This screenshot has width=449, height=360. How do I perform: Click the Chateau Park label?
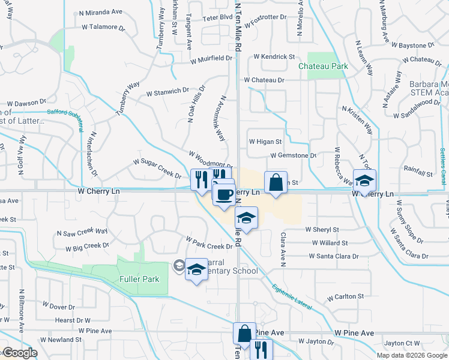point(324,65)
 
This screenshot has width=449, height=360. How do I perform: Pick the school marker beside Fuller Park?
point(196,270)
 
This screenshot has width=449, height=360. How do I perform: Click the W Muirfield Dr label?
point(211,59)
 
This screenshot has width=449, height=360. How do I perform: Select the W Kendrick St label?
point(274,56)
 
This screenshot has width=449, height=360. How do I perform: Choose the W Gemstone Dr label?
point(294,155)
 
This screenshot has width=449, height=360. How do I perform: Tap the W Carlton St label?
point(345,296)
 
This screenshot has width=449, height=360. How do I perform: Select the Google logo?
point(19,353)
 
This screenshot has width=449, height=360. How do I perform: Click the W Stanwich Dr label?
point(167,92)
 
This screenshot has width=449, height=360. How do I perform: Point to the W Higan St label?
point(265,142)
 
